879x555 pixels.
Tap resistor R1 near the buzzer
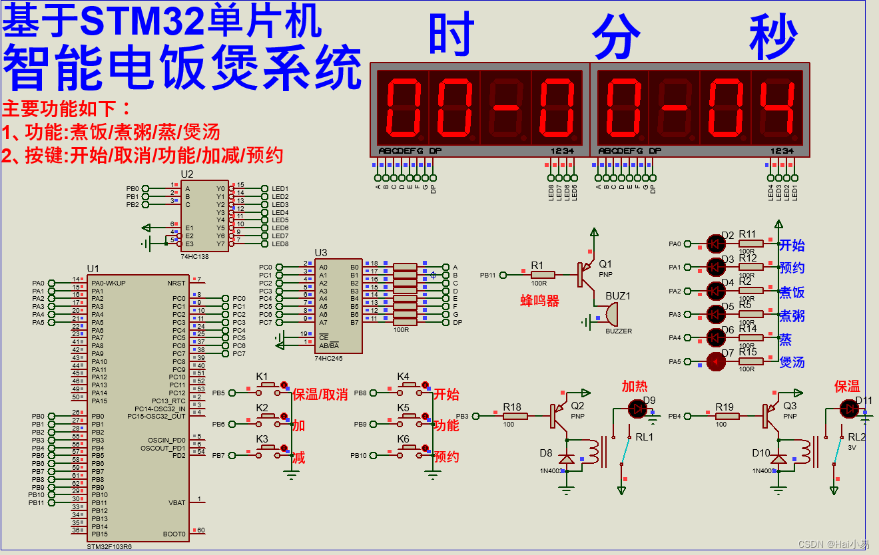(x=543, y=274)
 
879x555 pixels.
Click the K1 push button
(x=268, y=385)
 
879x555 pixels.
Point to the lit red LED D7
(x=716, y=362)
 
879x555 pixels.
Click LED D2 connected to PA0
(x=716, y=244)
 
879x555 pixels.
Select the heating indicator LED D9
(x=638, y=408)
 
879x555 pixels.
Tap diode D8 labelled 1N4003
(x=566, y=459)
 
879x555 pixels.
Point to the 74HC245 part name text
(x=328, y=358)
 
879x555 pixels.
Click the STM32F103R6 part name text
(x=110, y=546)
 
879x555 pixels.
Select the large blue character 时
(x=451, y=35)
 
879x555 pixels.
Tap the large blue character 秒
(x=773, y=36)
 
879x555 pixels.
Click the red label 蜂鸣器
(x=539, y=301)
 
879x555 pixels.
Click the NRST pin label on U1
(x=176, y=283)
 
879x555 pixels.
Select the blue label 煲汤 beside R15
(x=792, y=362)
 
